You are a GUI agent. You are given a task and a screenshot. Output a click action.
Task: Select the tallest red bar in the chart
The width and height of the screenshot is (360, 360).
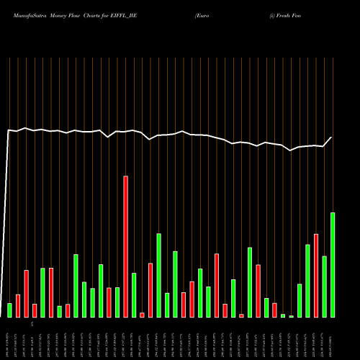[x=125, y=246]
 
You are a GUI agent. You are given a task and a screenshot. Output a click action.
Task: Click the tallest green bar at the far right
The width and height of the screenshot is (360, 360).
[x=333, y=264]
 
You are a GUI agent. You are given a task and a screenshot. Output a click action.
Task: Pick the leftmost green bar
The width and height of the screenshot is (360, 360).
[x=9, y=310]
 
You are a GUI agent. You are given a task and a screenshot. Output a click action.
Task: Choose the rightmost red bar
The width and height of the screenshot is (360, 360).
[x=316, y=275]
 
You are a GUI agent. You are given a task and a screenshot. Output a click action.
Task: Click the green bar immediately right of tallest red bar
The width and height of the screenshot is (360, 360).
[x=134, y=294]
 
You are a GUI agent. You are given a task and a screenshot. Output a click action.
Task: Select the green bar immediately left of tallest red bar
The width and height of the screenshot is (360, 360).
[x=117, y=302]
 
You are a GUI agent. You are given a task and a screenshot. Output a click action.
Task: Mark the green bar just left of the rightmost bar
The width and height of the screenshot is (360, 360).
[x=324, y=286]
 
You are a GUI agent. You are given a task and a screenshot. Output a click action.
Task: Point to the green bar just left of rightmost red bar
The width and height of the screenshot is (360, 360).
[x=307, y=281]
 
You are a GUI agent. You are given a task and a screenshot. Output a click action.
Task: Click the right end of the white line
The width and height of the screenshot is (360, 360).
[x=332, y=138]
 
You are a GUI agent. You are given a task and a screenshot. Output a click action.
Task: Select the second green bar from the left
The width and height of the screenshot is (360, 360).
[x=42, y=292]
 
